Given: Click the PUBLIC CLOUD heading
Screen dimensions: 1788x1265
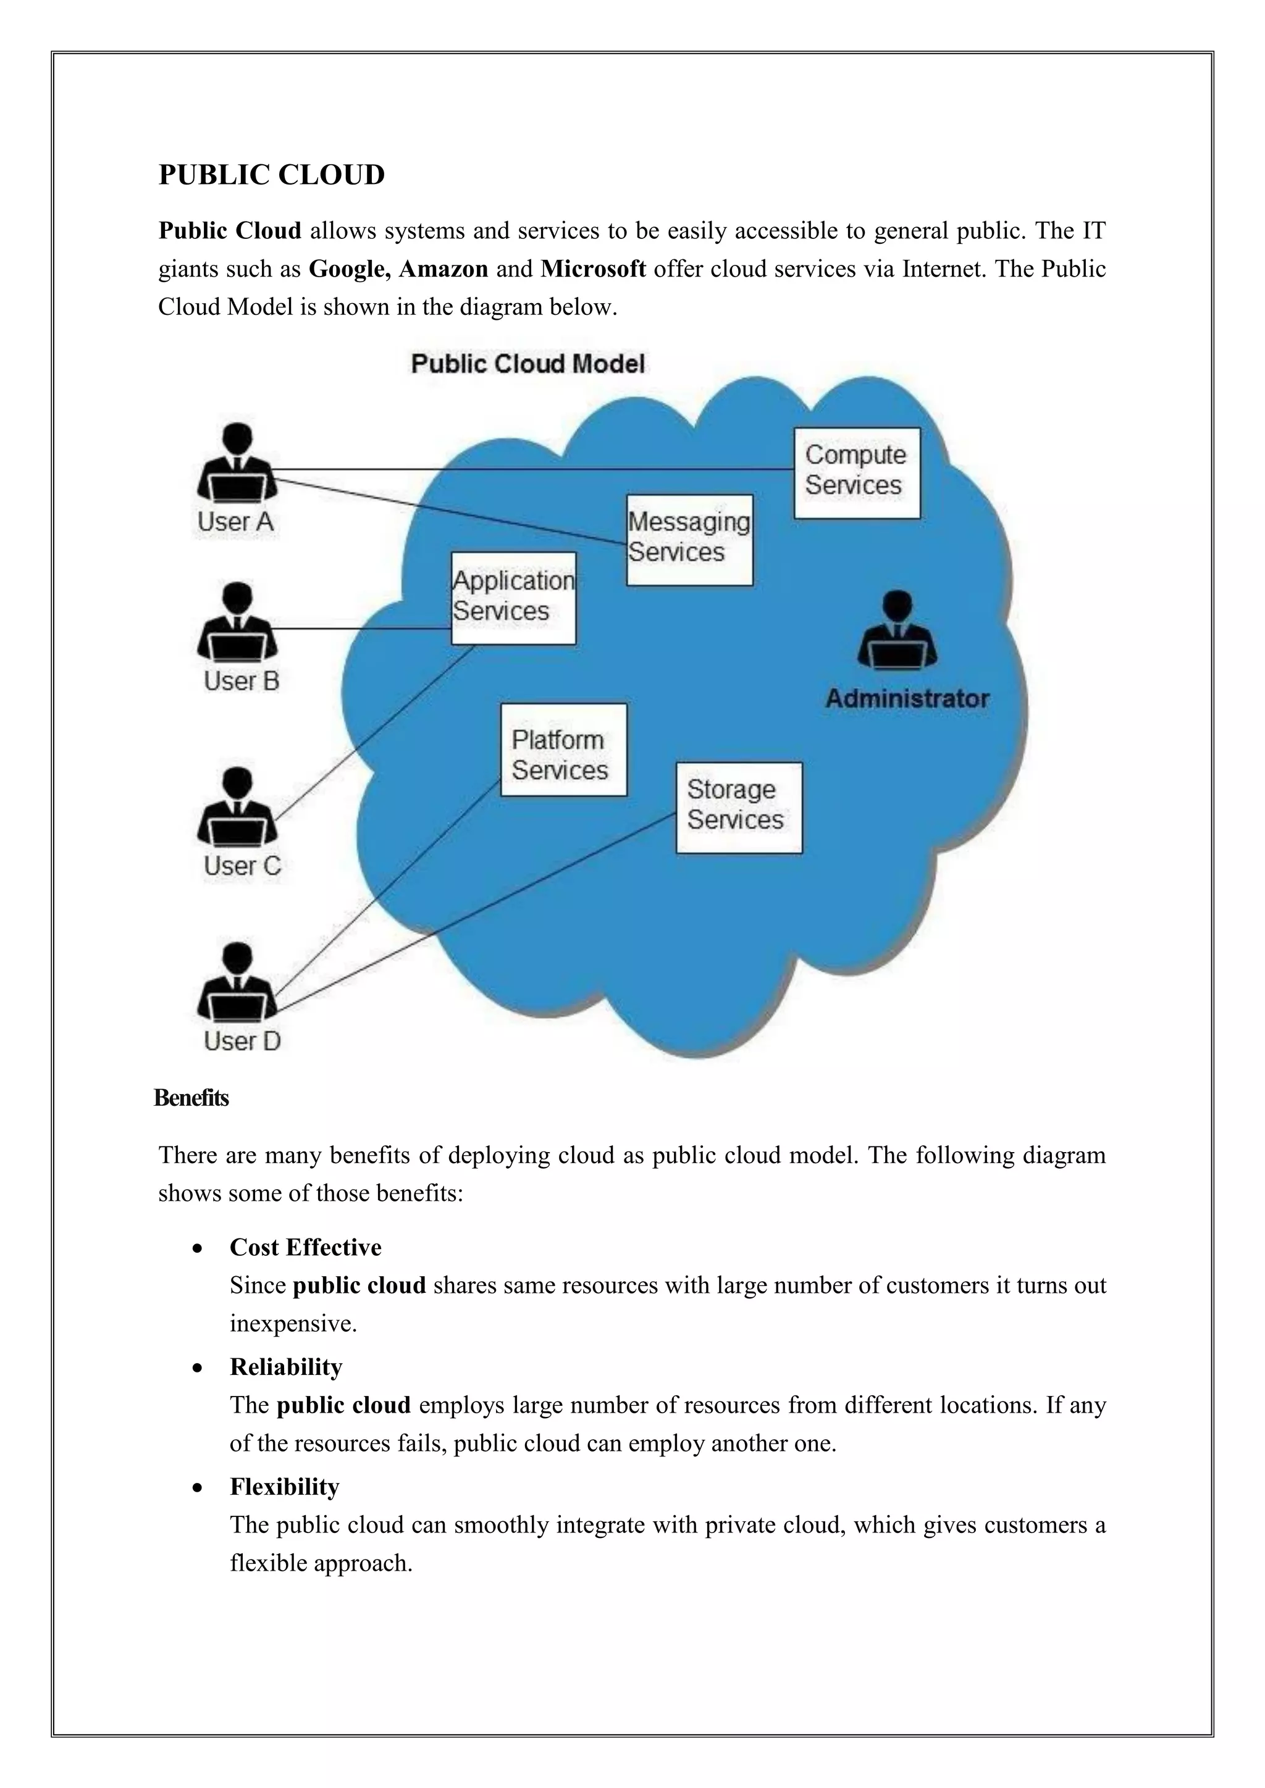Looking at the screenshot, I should (x=271, y=175).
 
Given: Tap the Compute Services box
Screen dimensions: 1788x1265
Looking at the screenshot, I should (x=856, y=473).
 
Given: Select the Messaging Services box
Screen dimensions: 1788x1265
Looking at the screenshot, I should (x=689, y=539).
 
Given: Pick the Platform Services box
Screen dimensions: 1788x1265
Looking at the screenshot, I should (x=563, y=749).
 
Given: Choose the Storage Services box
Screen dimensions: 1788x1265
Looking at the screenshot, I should (x=739, y=807).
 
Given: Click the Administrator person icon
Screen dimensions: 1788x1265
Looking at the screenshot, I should (x=897, y=631).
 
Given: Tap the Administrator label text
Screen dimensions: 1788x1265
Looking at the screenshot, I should (x=907, y=698).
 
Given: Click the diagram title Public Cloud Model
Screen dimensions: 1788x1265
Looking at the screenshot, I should (x=527, y=364).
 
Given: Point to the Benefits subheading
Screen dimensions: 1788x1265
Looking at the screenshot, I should (x=191, y=1098).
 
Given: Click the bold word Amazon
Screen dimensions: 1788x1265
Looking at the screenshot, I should (x=443, y=269).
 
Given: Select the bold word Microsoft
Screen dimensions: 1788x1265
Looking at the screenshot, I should (x=593, y=269).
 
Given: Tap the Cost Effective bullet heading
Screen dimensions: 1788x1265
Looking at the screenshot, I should (x=305, y=1247).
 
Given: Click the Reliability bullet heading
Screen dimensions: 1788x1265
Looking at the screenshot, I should (x=286, y=1367).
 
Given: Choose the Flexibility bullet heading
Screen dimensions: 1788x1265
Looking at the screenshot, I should (x=284, y=1487).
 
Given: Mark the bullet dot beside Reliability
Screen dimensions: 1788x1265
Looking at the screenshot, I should (x=199, y=1368).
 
